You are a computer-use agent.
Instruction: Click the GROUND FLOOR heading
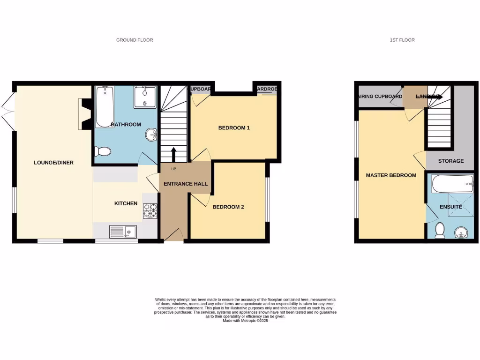click(x=135, y=40)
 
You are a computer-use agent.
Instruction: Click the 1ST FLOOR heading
click(x=402, y=40)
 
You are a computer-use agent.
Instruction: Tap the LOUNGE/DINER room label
click(x=53, y=163)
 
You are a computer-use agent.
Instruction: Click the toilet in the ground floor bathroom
click(x=103, y=151)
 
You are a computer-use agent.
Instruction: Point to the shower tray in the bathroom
click(x=144, y=97)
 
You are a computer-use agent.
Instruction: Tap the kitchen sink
click(x=123, y=231)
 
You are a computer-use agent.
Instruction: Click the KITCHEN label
click(x=126, y=203)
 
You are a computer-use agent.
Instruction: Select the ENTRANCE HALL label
click(x=185, y=184)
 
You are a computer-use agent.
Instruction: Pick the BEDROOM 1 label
click(x=234, y=127)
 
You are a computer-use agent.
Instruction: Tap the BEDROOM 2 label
click(x=228, y=207)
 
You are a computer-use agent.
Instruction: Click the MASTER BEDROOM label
click(x=391, y=175)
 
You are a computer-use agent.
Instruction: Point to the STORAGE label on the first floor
click(x=451, y=161)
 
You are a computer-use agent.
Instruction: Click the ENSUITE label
click(x=451, y=207)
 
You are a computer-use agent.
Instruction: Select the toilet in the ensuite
click(x=440, y=230)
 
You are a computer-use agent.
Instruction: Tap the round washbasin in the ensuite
click(x=462, y=231)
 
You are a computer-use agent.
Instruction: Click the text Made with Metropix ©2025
click(x=245, y=321)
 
